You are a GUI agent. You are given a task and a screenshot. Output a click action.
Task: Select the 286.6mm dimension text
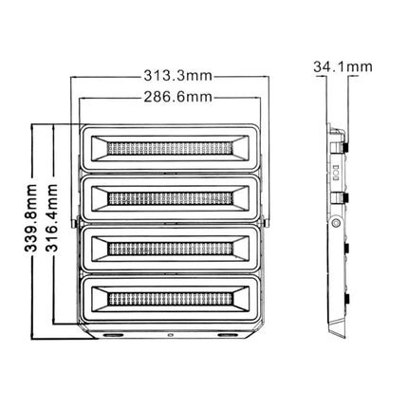(168, 98)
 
